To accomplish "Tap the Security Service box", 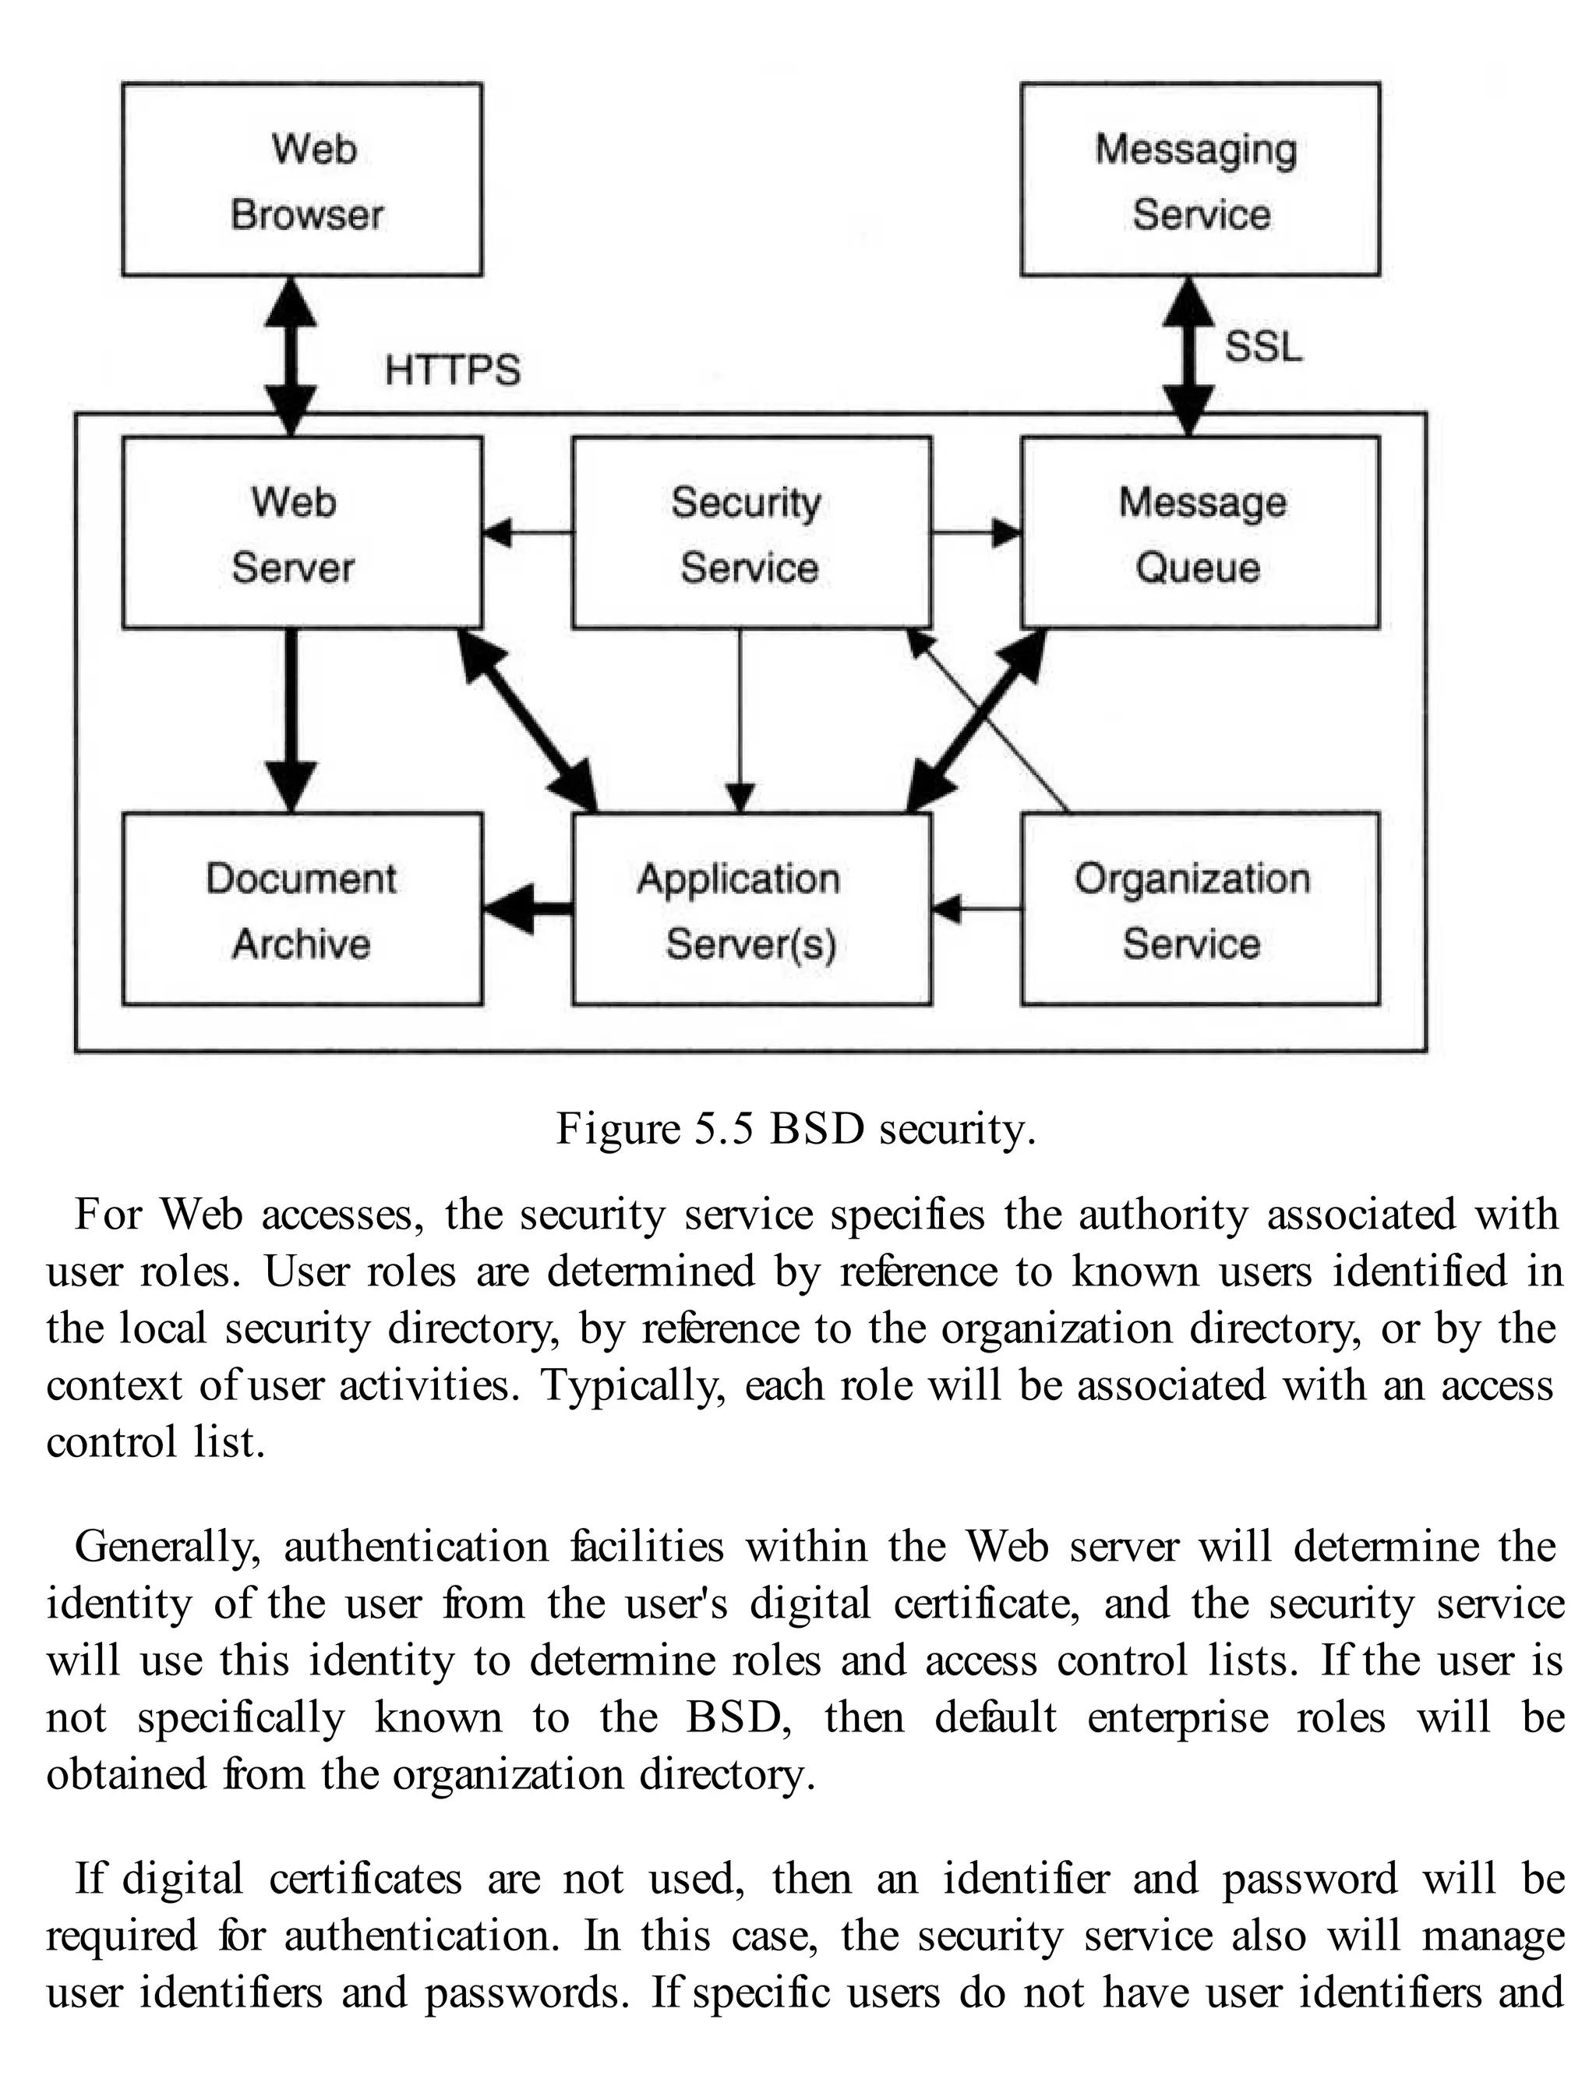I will (x=750, y=533).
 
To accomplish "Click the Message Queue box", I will (x=1200, y=533).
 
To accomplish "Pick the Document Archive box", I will (x=302, y=909).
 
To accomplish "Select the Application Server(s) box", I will (x=750, y=909).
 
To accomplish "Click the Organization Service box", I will (x=1200, y=909).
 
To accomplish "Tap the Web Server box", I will (x=302, y=533).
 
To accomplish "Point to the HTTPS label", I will (x=452, y=370).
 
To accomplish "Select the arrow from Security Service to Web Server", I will (x=528, y=533).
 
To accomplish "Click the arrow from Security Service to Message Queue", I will (x=976, y=533).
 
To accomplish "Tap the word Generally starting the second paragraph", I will (x=166, y=1547).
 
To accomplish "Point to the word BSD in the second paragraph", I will (x=737, y=1718).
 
